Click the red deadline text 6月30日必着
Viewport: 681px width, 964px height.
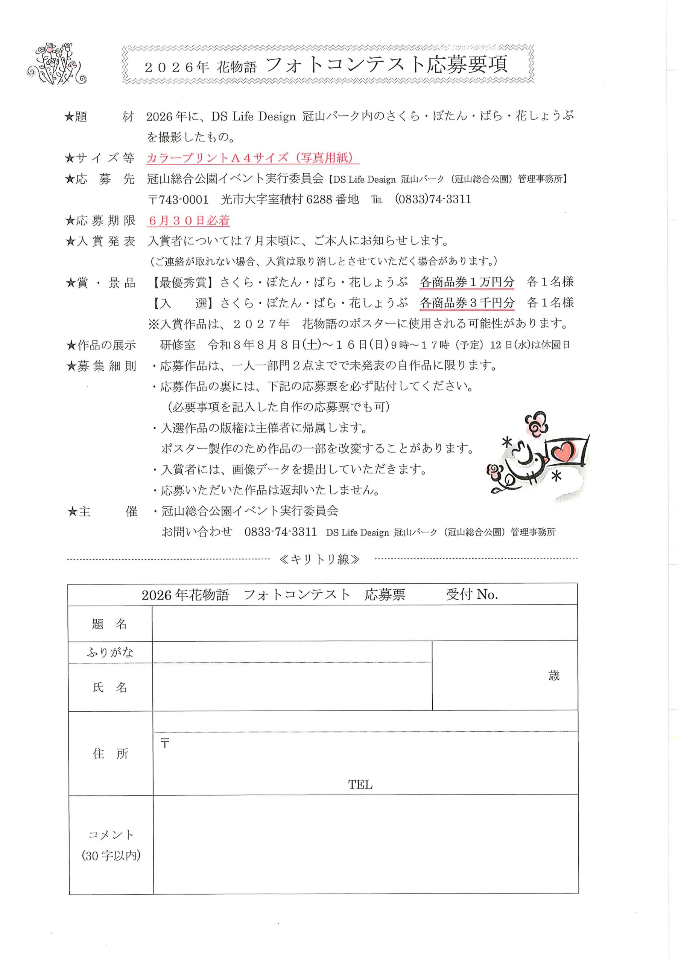[x=189, y=220]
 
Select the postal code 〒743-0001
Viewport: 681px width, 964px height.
[x=178, y=200]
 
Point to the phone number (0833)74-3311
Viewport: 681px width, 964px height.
[x=433, y=200]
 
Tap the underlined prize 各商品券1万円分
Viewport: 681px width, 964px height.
[x=467, y=282]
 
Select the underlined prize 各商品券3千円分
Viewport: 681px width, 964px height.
[x=467, y=303]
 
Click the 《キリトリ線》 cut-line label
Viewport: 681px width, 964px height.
[x=319, y=559]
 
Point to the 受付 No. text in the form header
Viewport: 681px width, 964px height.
[x=472, y=595]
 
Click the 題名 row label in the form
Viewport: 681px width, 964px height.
[x=109, y=624]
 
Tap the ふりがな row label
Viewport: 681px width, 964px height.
[x=110, y=653]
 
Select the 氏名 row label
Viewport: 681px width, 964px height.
[x=109, y=687]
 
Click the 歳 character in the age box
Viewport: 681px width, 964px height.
[x=554, y=676]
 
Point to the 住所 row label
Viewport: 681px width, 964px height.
[x=110, y=754]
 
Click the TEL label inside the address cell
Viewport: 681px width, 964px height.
[x=360, y=785]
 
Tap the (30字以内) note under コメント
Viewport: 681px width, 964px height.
[x=111, y=855]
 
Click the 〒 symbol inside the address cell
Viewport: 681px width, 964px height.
[x=165, y=744]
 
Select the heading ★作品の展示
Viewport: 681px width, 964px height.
[x=101, y=345]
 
